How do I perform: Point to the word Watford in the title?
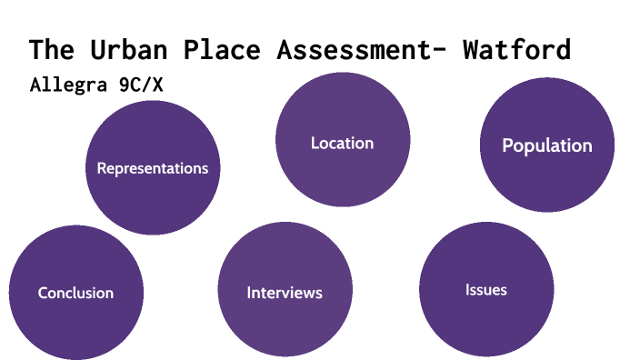(516, 49)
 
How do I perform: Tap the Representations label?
(153, 168)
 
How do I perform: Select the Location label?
(342, 143)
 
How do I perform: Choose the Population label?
(547, 145)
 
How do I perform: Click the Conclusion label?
(75, 293)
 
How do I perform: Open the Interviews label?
(285, 293)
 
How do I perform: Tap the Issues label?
(486, 290)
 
